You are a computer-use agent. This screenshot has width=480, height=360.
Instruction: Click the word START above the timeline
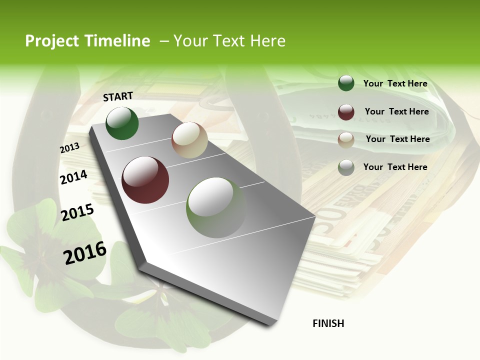tap(118, 96)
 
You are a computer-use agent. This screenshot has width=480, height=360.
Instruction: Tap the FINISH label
tap(328, 323)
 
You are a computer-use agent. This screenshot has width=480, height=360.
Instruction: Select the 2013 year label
tap(69, 148)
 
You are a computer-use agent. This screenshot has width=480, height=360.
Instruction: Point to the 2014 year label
tap(73, 177)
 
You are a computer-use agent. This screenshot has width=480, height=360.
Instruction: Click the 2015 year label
tap(77, 212)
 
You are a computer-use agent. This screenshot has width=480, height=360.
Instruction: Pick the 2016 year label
tap(85, 252)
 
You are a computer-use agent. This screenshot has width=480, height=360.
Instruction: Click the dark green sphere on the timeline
tap(122, 123)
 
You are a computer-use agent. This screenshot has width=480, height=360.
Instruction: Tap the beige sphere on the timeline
tap(189, 140)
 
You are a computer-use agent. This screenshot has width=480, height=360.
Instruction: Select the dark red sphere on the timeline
tap(145, 180)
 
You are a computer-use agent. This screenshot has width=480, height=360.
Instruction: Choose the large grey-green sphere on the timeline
tap(216, 207)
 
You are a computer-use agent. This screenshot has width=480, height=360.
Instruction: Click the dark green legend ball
tap(346, 83)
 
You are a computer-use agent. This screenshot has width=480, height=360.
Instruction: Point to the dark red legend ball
tap(346, 112)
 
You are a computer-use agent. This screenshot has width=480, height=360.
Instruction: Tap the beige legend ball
tap(346, 140)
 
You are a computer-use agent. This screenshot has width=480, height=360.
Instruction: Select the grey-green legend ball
tap(346, 167)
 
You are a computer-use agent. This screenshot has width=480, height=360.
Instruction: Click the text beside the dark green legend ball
tap(395, 83)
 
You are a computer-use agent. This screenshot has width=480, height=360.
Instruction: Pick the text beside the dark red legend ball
tap(396, 111)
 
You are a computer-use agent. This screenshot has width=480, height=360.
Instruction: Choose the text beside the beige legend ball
tap(397, 139)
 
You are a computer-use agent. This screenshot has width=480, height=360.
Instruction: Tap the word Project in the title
tap(51, 41)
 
